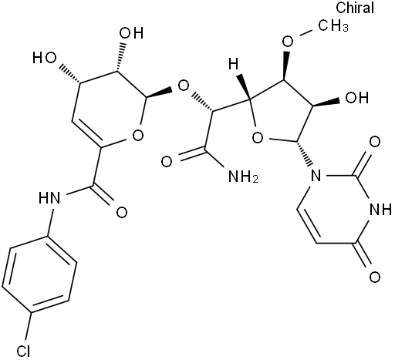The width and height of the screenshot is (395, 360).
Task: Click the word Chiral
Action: click(355, 8)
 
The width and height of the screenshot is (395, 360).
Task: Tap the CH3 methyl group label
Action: click(333, 25)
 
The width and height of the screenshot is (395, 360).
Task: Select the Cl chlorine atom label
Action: click(23, 351)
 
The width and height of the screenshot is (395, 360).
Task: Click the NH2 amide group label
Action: click(243, 177)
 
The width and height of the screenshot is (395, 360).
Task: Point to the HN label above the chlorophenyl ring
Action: click(49, 198)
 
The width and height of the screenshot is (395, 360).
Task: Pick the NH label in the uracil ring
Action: click(380, 210)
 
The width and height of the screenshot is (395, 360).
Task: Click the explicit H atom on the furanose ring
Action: click(234, 63)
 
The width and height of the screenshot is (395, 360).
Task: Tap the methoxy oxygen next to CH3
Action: click(288, 42)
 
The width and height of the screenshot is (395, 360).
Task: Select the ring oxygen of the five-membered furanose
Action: click(258, 138)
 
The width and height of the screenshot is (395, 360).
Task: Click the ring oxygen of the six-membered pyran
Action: click(138, 135)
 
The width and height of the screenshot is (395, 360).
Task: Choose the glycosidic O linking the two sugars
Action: click(184, 86)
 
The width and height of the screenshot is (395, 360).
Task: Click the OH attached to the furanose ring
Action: click(357, 98)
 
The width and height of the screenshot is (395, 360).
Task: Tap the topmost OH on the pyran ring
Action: click(131, 33)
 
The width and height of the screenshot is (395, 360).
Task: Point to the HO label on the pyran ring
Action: click(44, 58)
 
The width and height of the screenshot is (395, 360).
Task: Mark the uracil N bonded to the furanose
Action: click(316, 176)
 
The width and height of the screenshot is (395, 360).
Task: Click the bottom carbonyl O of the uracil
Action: click(375, 278)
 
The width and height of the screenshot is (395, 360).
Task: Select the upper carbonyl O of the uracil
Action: click(375, 142)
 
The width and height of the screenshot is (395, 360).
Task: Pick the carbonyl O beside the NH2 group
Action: click(167, 162)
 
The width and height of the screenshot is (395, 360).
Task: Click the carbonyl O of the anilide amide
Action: click(122, 213)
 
